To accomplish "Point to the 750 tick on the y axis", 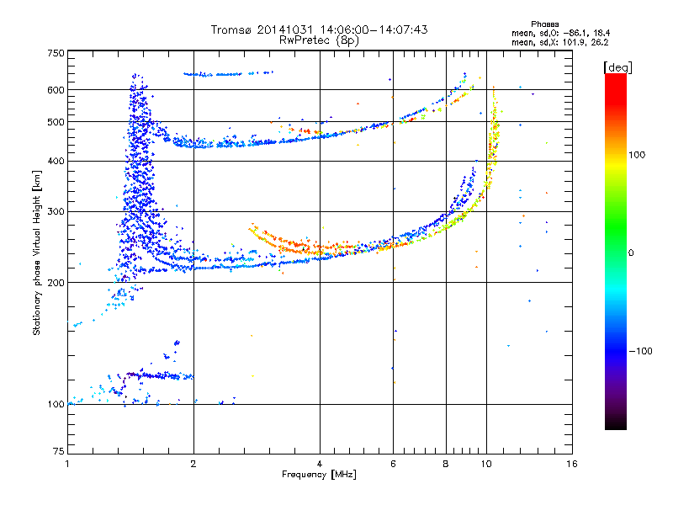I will click(x=56, y=52).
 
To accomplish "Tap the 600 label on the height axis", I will click(x=56, y=90).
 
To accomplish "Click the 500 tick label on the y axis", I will click(x=56, y=122).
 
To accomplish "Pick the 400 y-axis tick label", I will click(x=56, y=162).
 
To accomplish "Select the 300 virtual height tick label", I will click(x=56, y=212).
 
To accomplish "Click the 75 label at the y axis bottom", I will click(x=58, y=451).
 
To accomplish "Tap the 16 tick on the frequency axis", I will click(x=571, y=464).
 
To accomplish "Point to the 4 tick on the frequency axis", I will click(x=320, y=464).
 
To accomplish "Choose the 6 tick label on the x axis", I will click(x=393, y=464).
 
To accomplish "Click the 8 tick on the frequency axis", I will click(x=446, y=464).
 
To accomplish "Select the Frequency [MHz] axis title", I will click(x=320, y=475).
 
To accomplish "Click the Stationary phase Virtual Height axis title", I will click(x=37, y=252).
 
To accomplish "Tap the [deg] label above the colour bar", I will click(x=617, y=66).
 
